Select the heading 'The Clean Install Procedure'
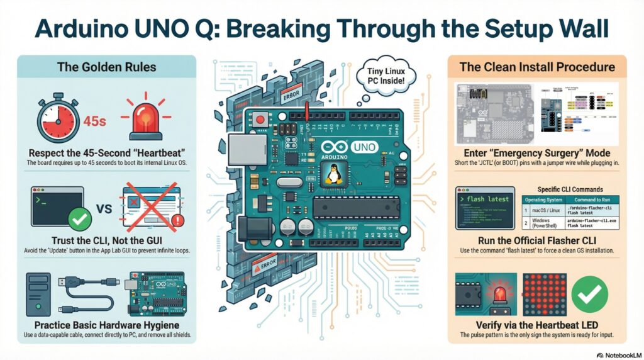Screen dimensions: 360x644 coord(537,67)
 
